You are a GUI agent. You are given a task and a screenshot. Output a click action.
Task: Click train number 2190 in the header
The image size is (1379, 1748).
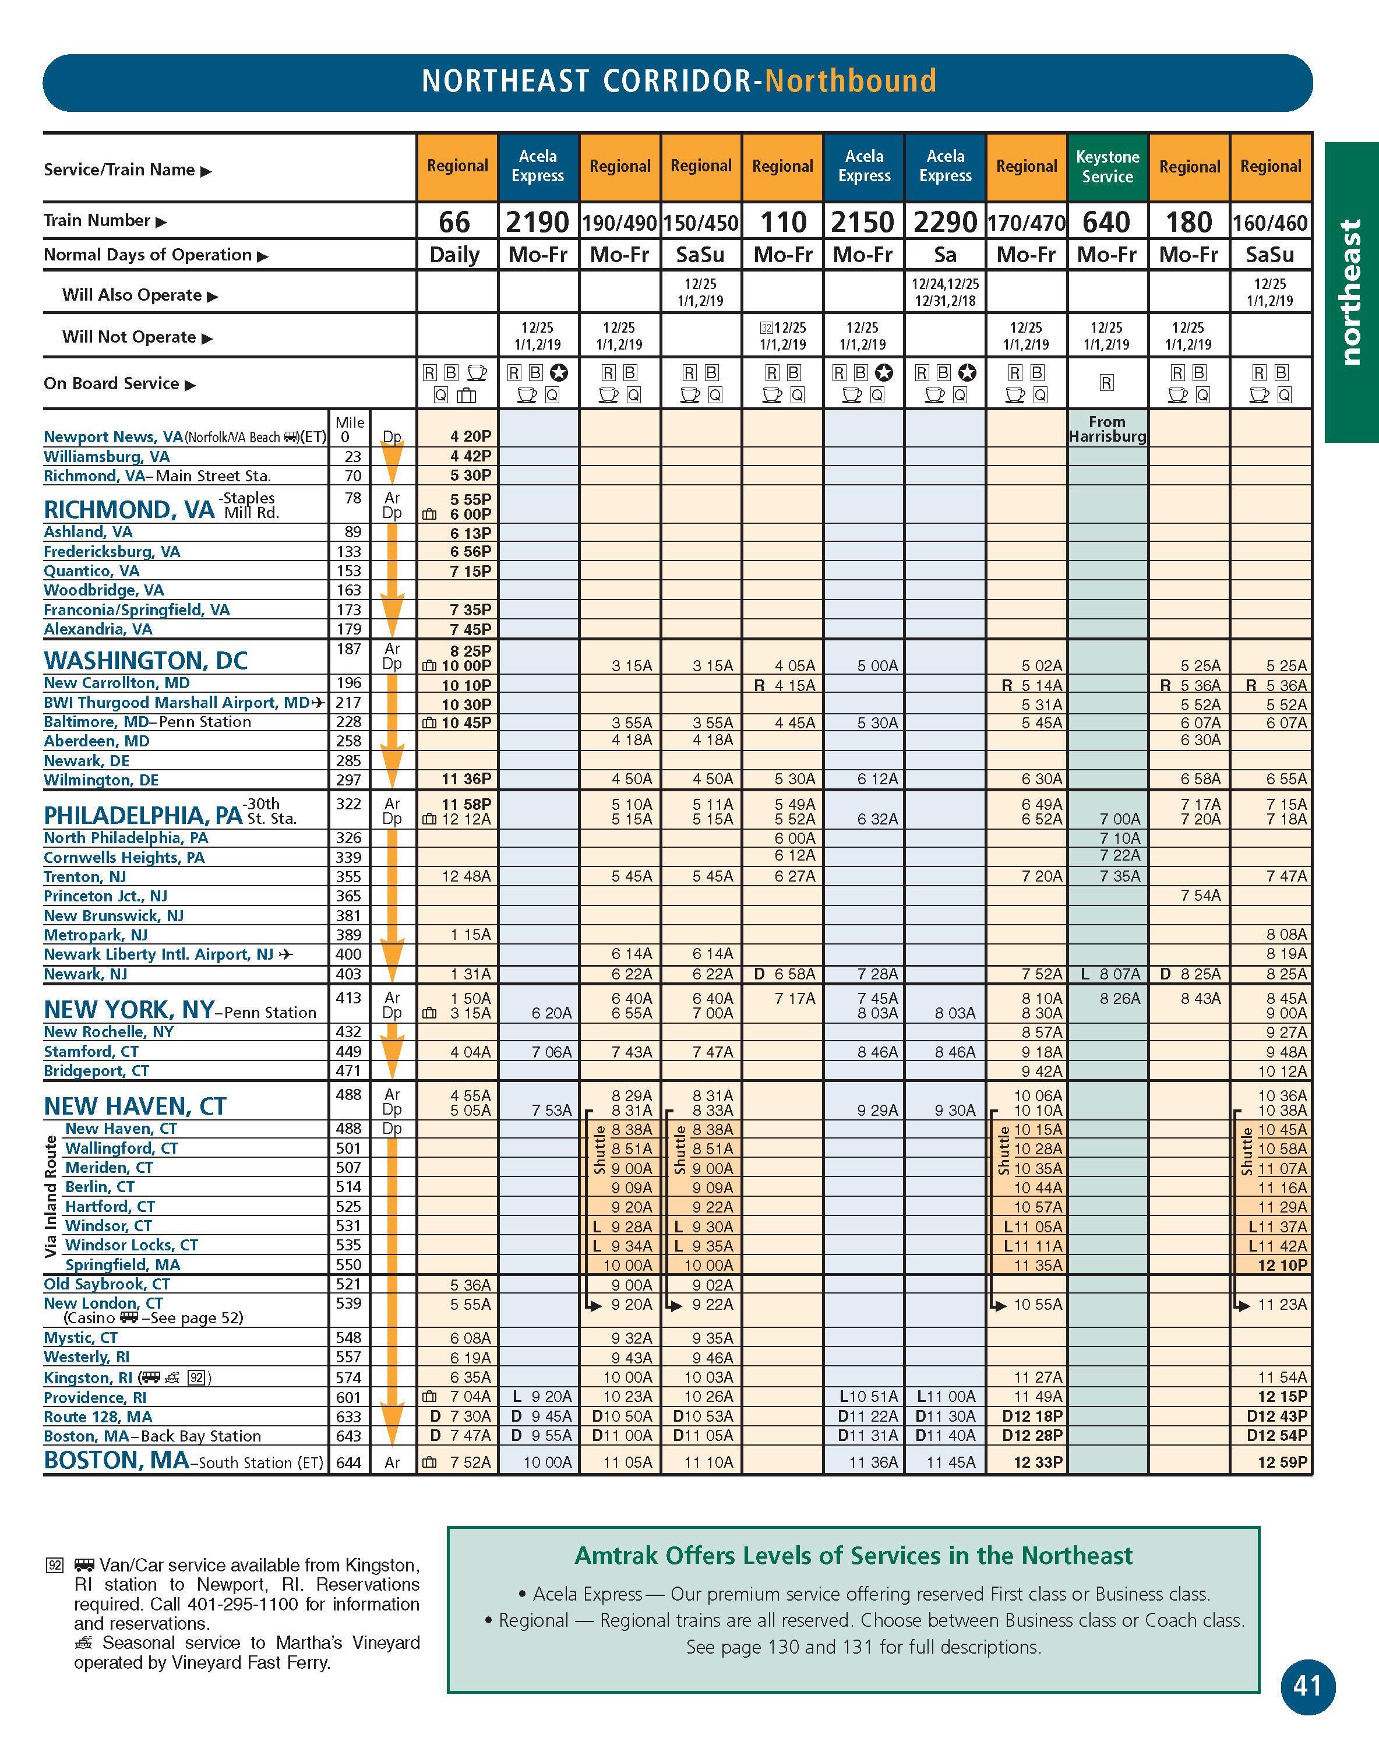tap(538, 221)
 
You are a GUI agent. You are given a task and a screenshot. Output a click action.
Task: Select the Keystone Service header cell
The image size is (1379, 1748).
tap(1107, 166)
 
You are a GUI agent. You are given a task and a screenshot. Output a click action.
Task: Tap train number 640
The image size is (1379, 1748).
tap(1107, 221)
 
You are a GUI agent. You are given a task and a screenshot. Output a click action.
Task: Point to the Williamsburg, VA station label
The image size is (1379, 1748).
tap(107, 457)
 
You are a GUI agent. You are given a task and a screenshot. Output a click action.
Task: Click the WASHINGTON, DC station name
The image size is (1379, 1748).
tap(145, 660)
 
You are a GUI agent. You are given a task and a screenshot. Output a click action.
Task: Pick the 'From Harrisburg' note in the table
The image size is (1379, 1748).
tap(1107, 429)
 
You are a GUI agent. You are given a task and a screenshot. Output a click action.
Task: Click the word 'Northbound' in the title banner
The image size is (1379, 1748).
tap(850, 82)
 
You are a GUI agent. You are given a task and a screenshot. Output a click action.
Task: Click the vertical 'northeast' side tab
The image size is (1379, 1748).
tap(1350, 292)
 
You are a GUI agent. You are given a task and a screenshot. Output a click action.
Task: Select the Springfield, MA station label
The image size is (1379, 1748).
tap(123, 1265)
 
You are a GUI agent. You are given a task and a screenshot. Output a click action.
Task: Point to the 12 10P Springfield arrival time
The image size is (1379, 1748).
tap(1283, 1265)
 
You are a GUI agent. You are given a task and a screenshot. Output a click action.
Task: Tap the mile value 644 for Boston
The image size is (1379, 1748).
tap(350, 1462)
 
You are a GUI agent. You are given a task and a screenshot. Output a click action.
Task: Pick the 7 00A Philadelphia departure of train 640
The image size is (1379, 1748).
tap(1120, 819)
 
